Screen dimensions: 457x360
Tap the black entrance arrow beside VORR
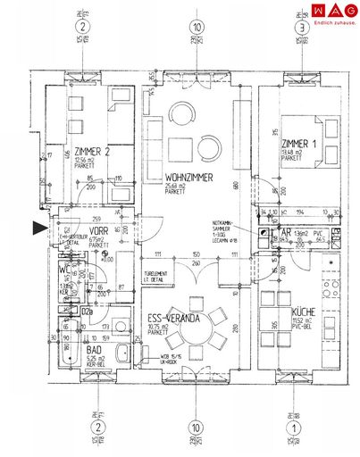click(x=39, y=229)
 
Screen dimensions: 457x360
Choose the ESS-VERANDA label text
click(x=175, y=317)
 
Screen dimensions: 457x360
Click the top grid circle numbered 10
click(x=196, y=28)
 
